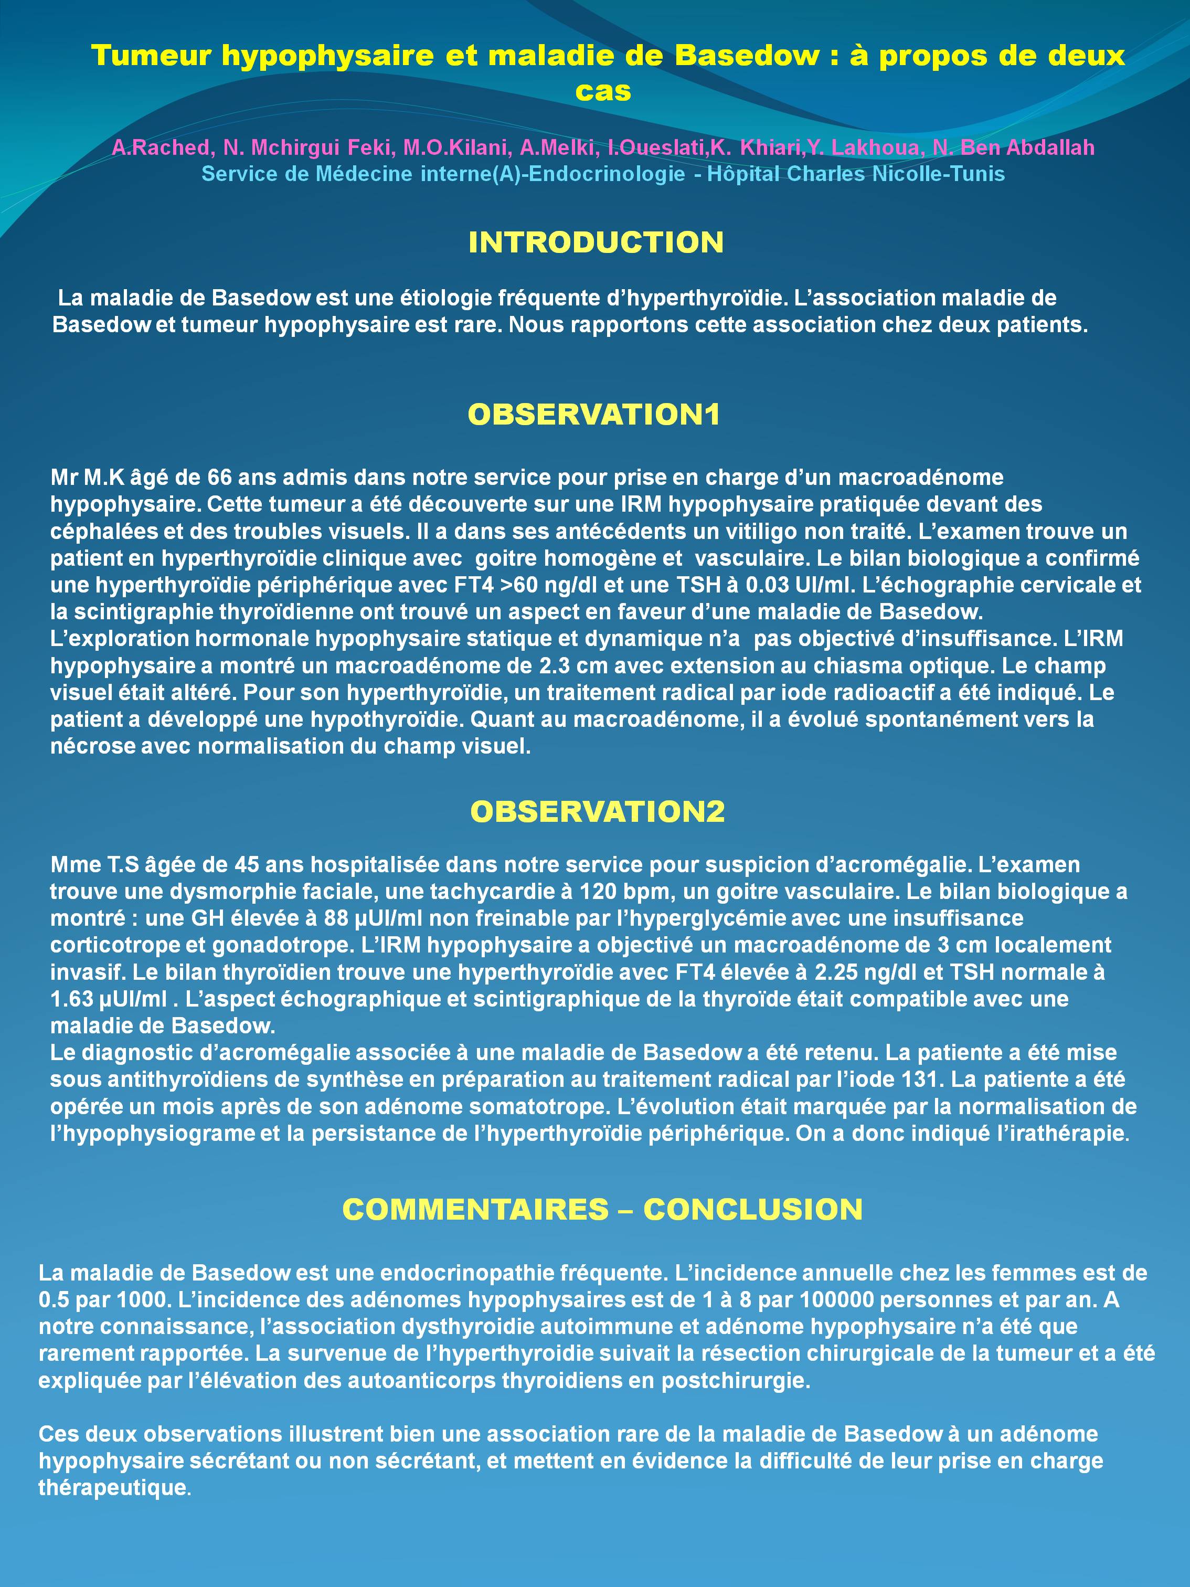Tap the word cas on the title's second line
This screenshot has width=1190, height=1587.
point(602,91)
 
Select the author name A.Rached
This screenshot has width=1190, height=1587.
point(162,148)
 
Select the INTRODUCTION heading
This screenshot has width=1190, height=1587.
point(596,242)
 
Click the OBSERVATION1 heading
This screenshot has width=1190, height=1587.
point(594,415)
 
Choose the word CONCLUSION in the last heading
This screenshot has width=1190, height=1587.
point(752,1210)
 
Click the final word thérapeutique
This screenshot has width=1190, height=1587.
point(113,1487)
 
